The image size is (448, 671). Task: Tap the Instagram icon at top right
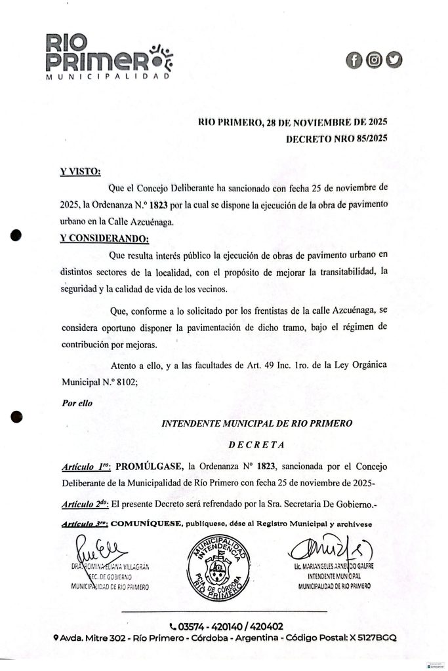tap(375, 61)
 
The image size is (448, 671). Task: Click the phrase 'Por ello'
tap(77, 403)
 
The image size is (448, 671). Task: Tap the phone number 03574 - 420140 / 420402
tap(226, 626)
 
